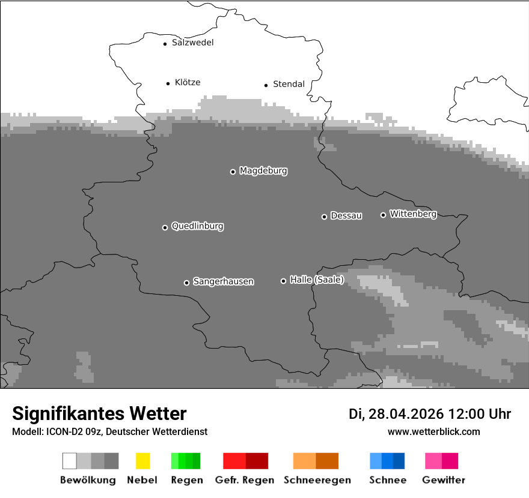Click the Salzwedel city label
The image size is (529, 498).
click(192, 43)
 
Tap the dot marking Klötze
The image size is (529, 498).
click(168, 83)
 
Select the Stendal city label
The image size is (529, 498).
click(289, 84)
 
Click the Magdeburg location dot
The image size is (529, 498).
click(233, 172)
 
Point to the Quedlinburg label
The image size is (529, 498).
click(197, 226)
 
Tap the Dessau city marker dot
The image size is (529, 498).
click(324, 217)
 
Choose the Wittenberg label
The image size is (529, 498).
click(413, 214)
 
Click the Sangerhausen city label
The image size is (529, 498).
click(223, 281)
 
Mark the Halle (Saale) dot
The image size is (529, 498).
click(283, 281)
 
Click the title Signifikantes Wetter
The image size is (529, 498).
click(99, 413)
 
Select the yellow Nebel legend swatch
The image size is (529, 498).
click(142, 461)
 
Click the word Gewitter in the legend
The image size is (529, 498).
click(444, 480)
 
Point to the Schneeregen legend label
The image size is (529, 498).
click(317, 480)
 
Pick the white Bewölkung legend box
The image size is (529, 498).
click(69, 461)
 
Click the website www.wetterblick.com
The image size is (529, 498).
click(433, 431)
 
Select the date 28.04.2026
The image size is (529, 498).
click(406, 414)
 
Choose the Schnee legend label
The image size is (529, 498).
click(388, 480)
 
